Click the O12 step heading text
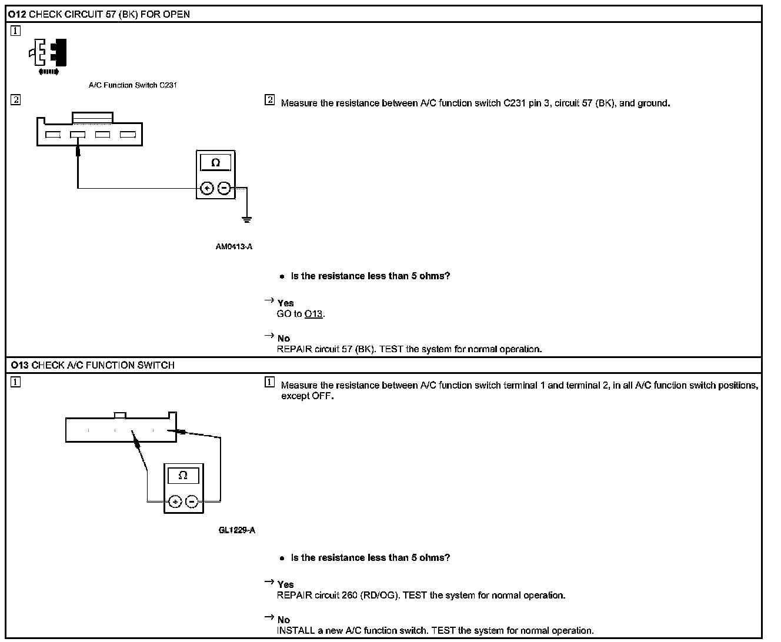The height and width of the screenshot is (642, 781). click(x=100, y=14)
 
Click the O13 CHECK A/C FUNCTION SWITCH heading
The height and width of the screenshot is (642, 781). click(x=92, y=365)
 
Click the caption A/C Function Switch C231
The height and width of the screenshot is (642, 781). click(x=133, y=85)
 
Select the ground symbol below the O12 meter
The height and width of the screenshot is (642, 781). click(x=248, y=219)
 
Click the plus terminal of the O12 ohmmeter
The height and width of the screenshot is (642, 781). click(x=207, y=188)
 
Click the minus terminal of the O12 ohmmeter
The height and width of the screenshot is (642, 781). click(x=224, y=188)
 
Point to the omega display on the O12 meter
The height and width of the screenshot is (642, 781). click(x=215, y=162)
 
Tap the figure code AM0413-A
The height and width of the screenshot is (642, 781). click(x=234, y=247)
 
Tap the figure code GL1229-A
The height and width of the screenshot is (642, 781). click(x=237, y=530)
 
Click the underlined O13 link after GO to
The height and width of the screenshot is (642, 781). click(x=313, y=314)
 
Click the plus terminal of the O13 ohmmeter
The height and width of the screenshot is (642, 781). click(x=175, y=501)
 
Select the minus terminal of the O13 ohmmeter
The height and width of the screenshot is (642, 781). click(x=192, y=501)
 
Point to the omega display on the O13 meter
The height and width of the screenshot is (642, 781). click(x=183, y=475)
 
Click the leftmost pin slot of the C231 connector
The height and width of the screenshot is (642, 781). click(x=53, y=135)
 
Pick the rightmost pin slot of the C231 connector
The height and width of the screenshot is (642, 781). click(x=128, y=135)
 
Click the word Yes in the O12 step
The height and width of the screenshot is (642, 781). click(x=285, y=303)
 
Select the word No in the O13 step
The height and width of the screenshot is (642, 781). click(x=283, y=620)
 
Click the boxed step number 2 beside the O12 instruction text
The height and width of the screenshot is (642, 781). click(x=270, y=100)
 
